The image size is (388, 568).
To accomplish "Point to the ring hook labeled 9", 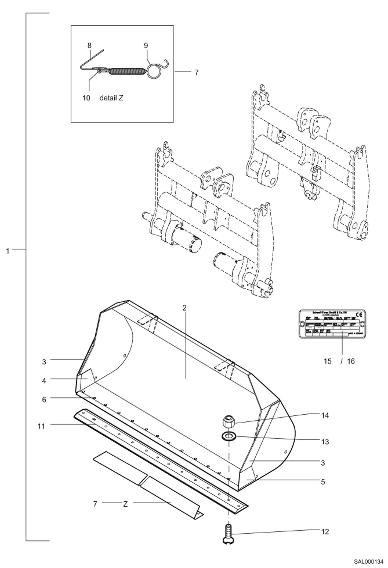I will pos(155,71).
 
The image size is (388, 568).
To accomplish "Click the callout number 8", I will pos(89,46).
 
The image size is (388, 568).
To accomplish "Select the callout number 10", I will pos(86,98).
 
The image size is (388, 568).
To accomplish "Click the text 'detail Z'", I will pos(111,98).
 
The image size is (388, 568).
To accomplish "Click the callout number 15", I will pos(328,361).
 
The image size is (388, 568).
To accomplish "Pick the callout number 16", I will pos(351,361).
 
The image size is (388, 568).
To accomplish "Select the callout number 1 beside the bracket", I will pos(8,251).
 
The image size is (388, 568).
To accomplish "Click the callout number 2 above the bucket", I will pos(184,308).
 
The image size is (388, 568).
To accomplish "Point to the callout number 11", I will pos(41,426).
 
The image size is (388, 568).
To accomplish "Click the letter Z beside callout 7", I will pos(125,504).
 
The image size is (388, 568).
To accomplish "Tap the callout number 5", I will pos(323,482).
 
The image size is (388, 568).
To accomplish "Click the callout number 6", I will pos(44,399).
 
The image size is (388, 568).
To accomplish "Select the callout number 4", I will pos(44,381).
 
